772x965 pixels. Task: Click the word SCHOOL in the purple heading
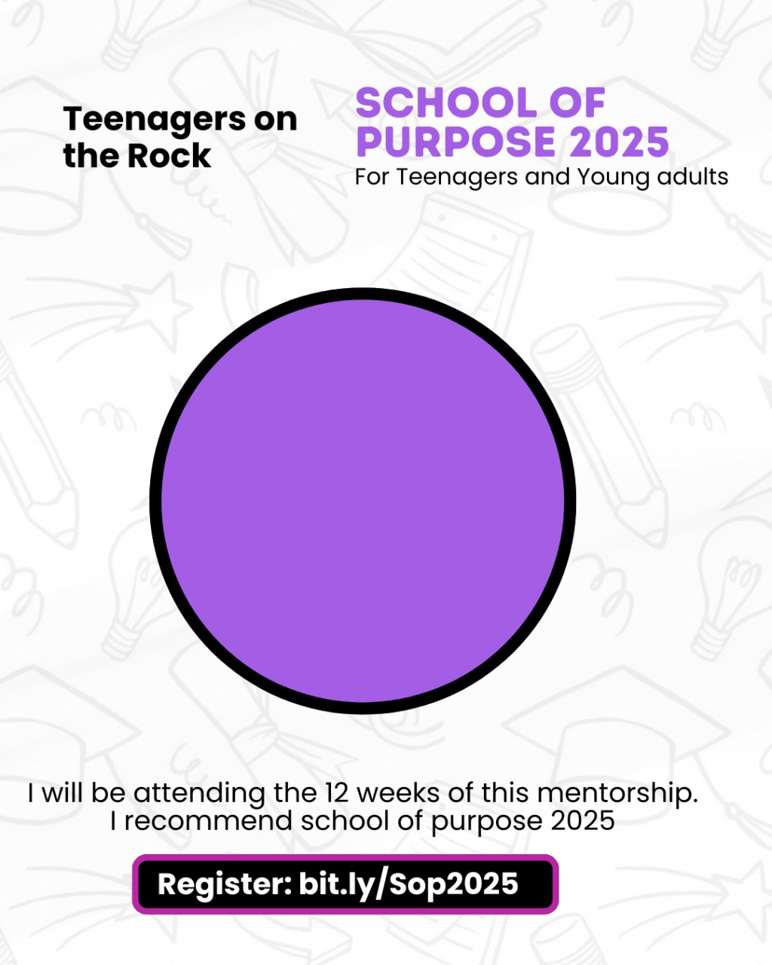446,103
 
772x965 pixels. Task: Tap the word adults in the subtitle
693,176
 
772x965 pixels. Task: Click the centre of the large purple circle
363,501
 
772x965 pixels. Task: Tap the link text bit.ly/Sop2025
409,884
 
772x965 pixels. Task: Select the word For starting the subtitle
372,176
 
